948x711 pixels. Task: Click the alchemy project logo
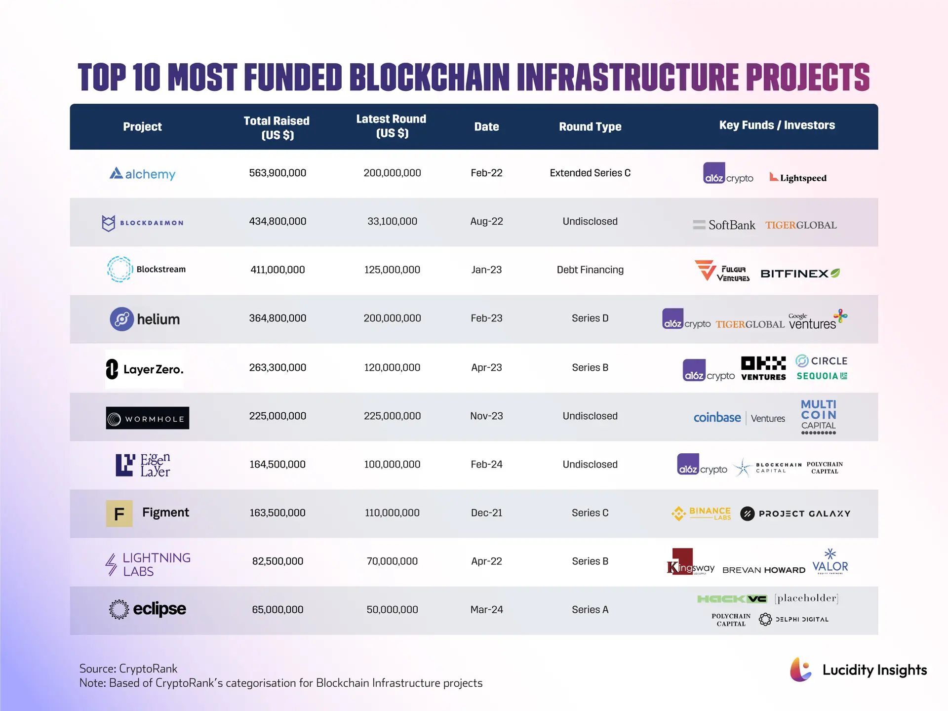[x=142, y=174]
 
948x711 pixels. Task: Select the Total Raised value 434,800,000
[x=277, y=221]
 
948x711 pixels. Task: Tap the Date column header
[x=486, y=127]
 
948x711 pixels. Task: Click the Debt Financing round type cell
[x=590, y=270]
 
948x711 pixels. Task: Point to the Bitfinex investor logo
[x=800, y=273]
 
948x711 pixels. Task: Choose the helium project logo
[x=145, y=319]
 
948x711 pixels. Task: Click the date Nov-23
[x=486, y=416]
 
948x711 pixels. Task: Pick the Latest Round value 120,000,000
[x=392, y=367]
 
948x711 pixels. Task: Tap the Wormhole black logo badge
[x=147, y=418]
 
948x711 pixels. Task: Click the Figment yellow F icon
[x=119, y=513]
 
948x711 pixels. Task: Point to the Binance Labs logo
[x=701, y=513]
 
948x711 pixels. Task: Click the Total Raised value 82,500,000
[x=277, y=561]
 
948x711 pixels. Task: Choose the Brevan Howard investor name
[x=763, y=570]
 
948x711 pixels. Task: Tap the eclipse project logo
[x=147, y=609]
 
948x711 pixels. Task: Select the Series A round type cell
[x=590, y=609]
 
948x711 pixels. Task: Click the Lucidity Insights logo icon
[x=800, y=670]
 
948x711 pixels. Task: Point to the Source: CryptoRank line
[x=128, y=669]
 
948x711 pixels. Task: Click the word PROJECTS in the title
[x=807, y=78]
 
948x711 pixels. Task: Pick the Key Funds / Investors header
[x=777, y=125]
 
